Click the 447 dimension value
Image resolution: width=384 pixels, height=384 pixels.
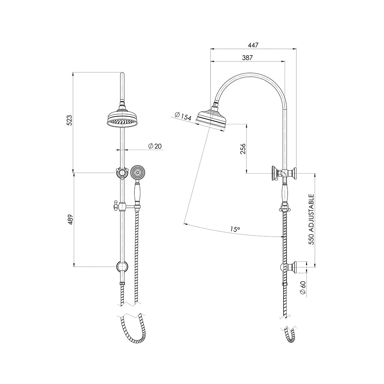[253, 45]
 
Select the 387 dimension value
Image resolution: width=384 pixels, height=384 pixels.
[247, 58]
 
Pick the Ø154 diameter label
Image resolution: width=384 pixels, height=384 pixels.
[182, 116]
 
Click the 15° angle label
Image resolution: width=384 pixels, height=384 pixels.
[235, 229]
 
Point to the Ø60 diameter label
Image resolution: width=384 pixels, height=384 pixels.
[303, 288]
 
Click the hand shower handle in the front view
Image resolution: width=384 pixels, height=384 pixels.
[137, 194]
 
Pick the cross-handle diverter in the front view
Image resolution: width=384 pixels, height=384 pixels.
[121, 172]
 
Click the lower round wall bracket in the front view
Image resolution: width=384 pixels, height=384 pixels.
[121, 267]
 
